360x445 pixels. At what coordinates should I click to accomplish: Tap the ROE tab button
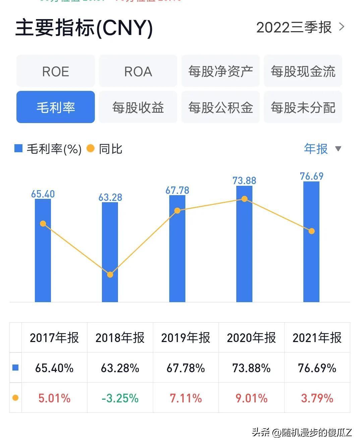click(x=56, y=71)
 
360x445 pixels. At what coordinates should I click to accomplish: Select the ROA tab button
click(x=138, y=71)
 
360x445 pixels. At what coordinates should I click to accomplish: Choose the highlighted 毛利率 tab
click(x=56, y=107)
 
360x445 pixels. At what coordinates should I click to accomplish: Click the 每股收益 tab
click(x=138, y=107)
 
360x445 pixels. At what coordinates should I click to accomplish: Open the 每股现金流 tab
click(x=303, y=71)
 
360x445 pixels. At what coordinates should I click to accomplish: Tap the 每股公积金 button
click(x=221, y=107)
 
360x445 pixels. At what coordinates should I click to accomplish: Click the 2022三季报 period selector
click(x=300, y=27)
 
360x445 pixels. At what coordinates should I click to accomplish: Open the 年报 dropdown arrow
click(x=338, y=149)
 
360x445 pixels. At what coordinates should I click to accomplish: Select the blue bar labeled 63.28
click(x=110, y=252)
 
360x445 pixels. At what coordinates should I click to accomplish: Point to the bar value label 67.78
click(x=177, y=190)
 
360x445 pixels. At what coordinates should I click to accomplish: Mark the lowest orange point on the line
click(x=110, y=275)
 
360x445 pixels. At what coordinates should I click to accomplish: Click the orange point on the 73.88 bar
click(x=244, y=199)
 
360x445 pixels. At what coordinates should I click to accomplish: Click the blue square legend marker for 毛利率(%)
click(x=18, y=148)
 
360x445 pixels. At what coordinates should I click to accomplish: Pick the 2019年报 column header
click(x=186, y=337)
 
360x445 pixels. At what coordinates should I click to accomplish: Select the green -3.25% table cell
click(x=120, y=398)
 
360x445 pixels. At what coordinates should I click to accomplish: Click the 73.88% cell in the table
click(x=251, y=368)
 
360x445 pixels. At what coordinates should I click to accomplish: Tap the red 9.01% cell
click(x=251, y=398)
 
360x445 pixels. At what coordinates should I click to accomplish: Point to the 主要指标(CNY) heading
click(x=84, y=27)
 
